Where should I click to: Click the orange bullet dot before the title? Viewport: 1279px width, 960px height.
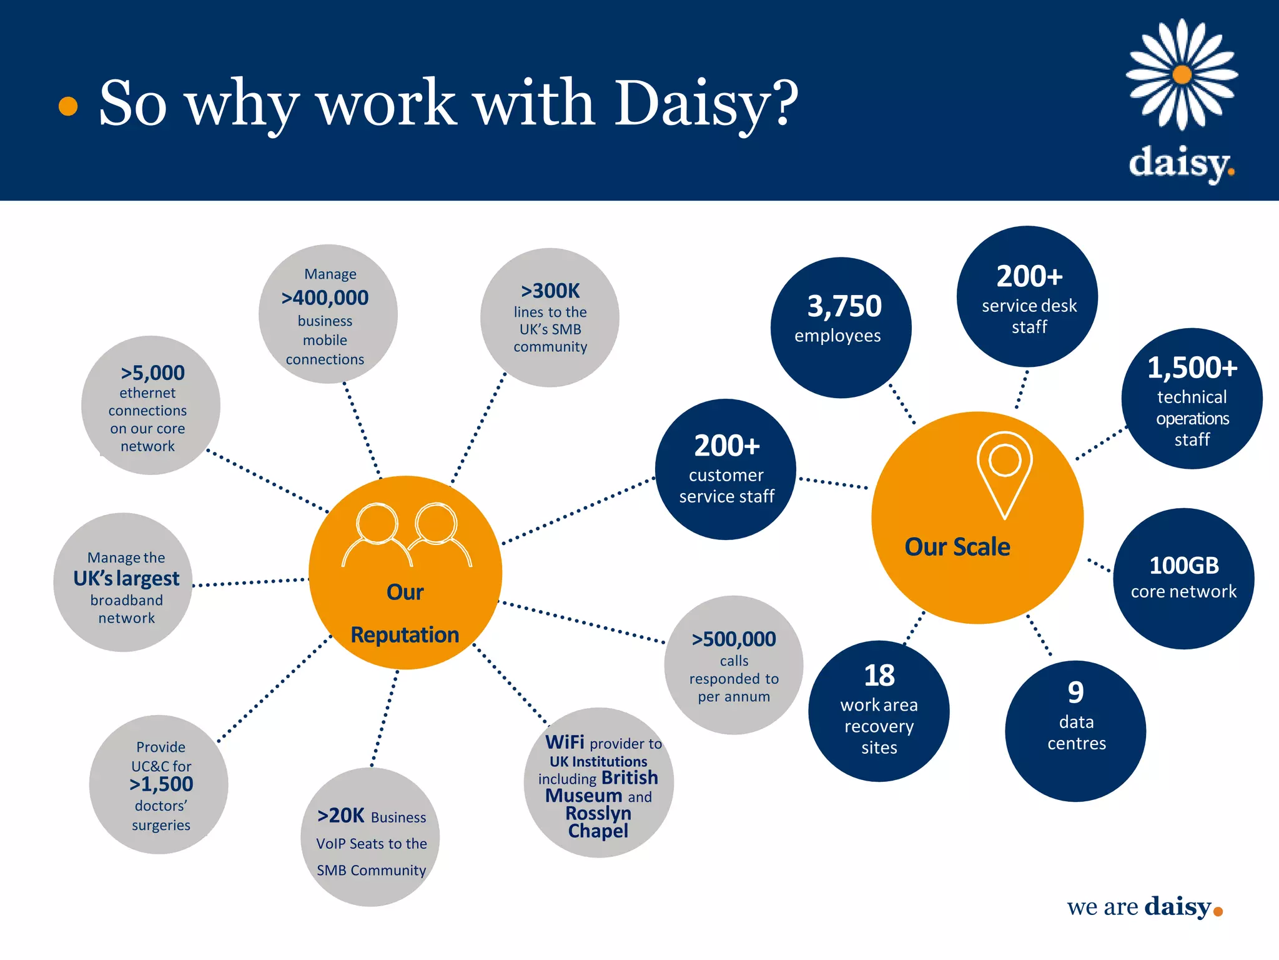[x=67, y=106]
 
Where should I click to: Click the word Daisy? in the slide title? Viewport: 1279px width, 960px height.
[x=706, y=103]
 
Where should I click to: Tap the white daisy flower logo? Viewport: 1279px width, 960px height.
[x=1182, y=75]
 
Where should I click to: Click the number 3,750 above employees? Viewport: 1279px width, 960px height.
[x=844, y=306]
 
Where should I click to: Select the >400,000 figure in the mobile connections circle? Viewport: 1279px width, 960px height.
[x=325, y=297]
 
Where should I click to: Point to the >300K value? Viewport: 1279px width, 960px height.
[x=550, y=291]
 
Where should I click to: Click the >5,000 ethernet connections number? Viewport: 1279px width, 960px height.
[x=152, y=372]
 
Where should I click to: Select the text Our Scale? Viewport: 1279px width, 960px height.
[x=957, y=547]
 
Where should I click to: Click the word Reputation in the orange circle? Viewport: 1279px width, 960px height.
[x=405, y=635]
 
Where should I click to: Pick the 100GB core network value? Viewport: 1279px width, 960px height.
[x=1183, y=566]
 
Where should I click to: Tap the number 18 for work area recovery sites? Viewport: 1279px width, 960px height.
[x=879, y=676]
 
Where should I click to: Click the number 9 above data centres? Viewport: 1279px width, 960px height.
[x=1075, y=692]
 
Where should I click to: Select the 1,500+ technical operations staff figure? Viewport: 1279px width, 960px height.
[x=1192, y=367]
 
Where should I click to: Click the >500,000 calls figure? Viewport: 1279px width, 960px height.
[x=733, y=639]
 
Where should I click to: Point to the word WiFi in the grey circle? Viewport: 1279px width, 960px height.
[x=565, y=742]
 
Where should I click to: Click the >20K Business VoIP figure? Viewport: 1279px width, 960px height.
[x=340, y=816]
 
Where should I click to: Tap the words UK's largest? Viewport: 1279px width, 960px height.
[x=126, y=579]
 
